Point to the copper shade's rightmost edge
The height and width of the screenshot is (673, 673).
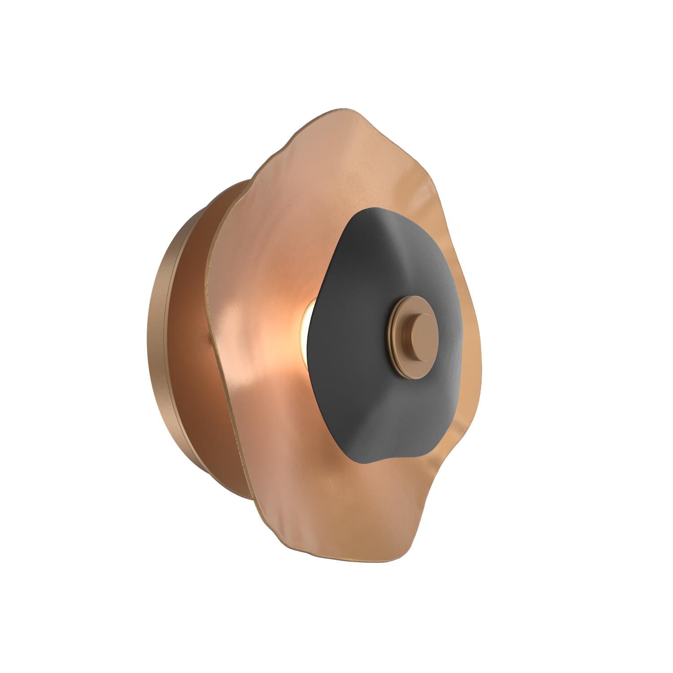point(480,359)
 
